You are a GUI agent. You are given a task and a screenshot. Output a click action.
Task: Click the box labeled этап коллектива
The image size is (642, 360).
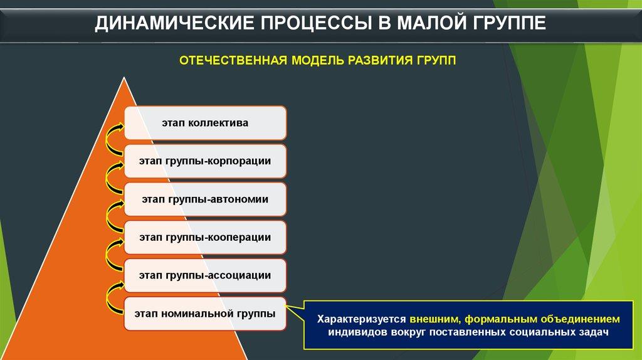coord(205,123)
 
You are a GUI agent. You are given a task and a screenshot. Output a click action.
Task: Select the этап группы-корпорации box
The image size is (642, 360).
coord(205,161)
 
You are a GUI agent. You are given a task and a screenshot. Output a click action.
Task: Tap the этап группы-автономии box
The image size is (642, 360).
coord(205,199)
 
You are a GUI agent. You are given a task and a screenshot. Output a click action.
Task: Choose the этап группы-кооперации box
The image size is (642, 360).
coord(205,238)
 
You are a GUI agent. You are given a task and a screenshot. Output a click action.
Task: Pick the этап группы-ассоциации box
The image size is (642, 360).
coord(205,275)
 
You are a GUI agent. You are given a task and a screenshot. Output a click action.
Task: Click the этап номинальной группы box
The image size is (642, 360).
coord(205,314)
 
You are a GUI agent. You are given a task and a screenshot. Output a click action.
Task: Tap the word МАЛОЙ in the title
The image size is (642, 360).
coord(432,23)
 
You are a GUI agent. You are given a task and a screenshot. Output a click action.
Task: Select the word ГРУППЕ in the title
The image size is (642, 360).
coord(509,23)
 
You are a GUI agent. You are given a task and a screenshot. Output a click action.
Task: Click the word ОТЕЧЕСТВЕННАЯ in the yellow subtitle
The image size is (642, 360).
coord(233,61)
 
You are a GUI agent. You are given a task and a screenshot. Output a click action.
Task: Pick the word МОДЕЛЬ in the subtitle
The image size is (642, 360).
coord(317,61)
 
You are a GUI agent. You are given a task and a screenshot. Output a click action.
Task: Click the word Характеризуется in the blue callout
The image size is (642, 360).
coord(362,319)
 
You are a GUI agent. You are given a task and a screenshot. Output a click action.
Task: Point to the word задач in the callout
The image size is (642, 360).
coord(593,332)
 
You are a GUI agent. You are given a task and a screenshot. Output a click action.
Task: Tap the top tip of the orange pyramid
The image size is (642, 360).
coord(124,77)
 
